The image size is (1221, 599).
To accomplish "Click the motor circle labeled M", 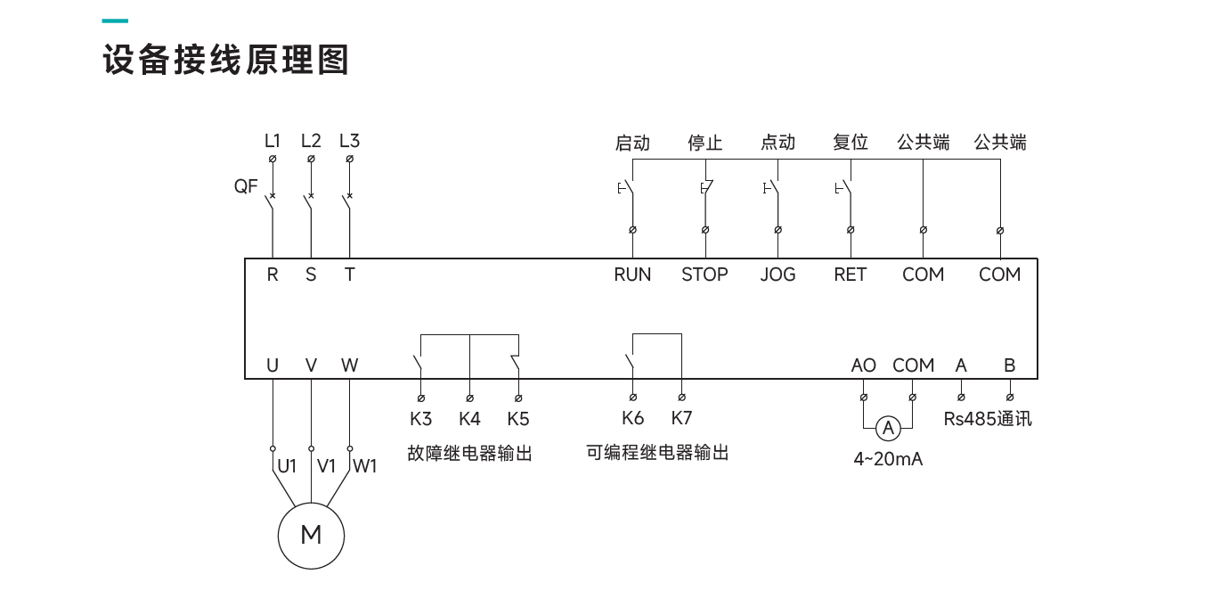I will pos(311,535).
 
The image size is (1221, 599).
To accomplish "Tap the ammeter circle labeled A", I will pos(887,430).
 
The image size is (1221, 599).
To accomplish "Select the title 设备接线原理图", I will pos(225,61).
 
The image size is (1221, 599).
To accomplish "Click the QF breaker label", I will pos(246,186).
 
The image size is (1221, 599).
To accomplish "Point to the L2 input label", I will pos(311,141).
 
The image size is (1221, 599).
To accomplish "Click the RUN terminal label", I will pos(632,275).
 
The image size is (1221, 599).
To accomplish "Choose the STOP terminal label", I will pos(704,275).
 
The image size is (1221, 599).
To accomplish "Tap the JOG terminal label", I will pos(777,275).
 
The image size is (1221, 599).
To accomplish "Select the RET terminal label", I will pos(850,275).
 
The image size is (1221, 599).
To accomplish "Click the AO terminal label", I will pos(863,365).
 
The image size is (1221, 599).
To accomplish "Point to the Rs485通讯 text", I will pos(988,418).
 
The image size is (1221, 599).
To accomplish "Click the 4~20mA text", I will pos(888,460).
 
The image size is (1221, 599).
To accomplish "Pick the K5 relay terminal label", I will pos(517,418).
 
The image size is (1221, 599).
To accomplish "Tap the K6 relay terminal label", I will pos(632,418).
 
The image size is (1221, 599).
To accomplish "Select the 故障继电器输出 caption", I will pos(469,454).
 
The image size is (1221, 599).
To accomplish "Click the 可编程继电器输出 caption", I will pos(657,453).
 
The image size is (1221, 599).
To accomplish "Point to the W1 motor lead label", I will pos(365,465).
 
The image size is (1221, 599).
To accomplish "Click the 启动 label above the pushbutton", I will pos(632,143).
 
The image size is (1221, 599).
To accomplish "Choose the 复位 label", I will pos(850,143).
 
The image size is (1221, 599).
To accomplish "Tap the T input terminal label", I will pos(349,275).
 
